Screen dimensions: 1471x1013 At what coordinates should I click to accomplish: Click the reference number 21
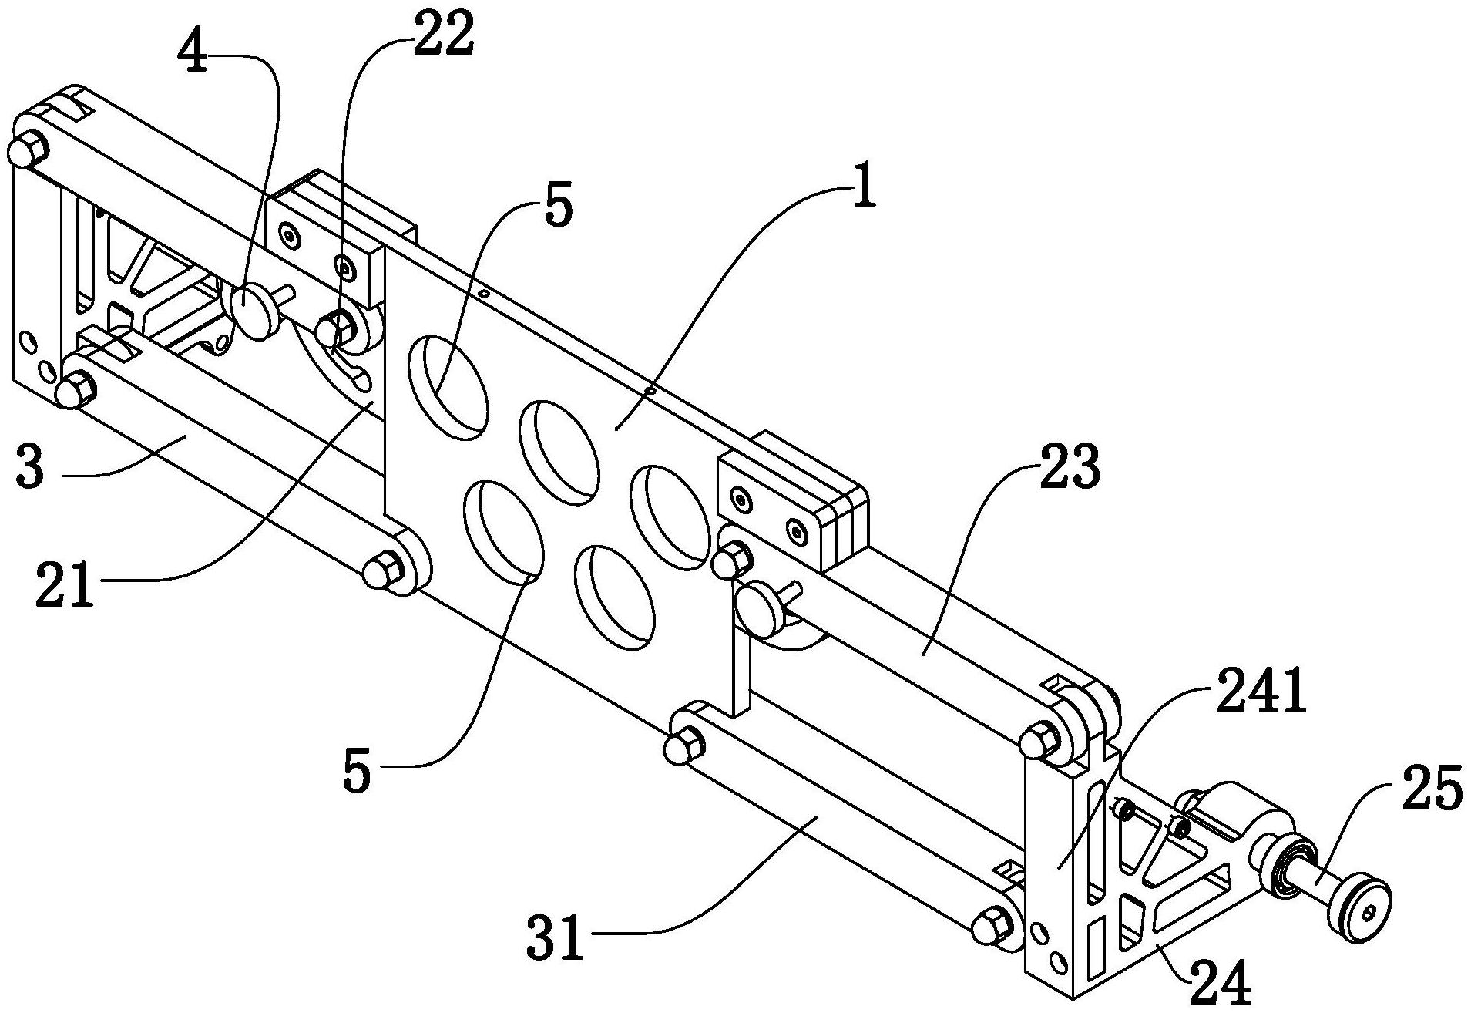tap(65, 584)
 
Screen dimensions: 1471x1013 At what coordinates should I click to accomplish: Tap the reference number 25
tap(1432, 787)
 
